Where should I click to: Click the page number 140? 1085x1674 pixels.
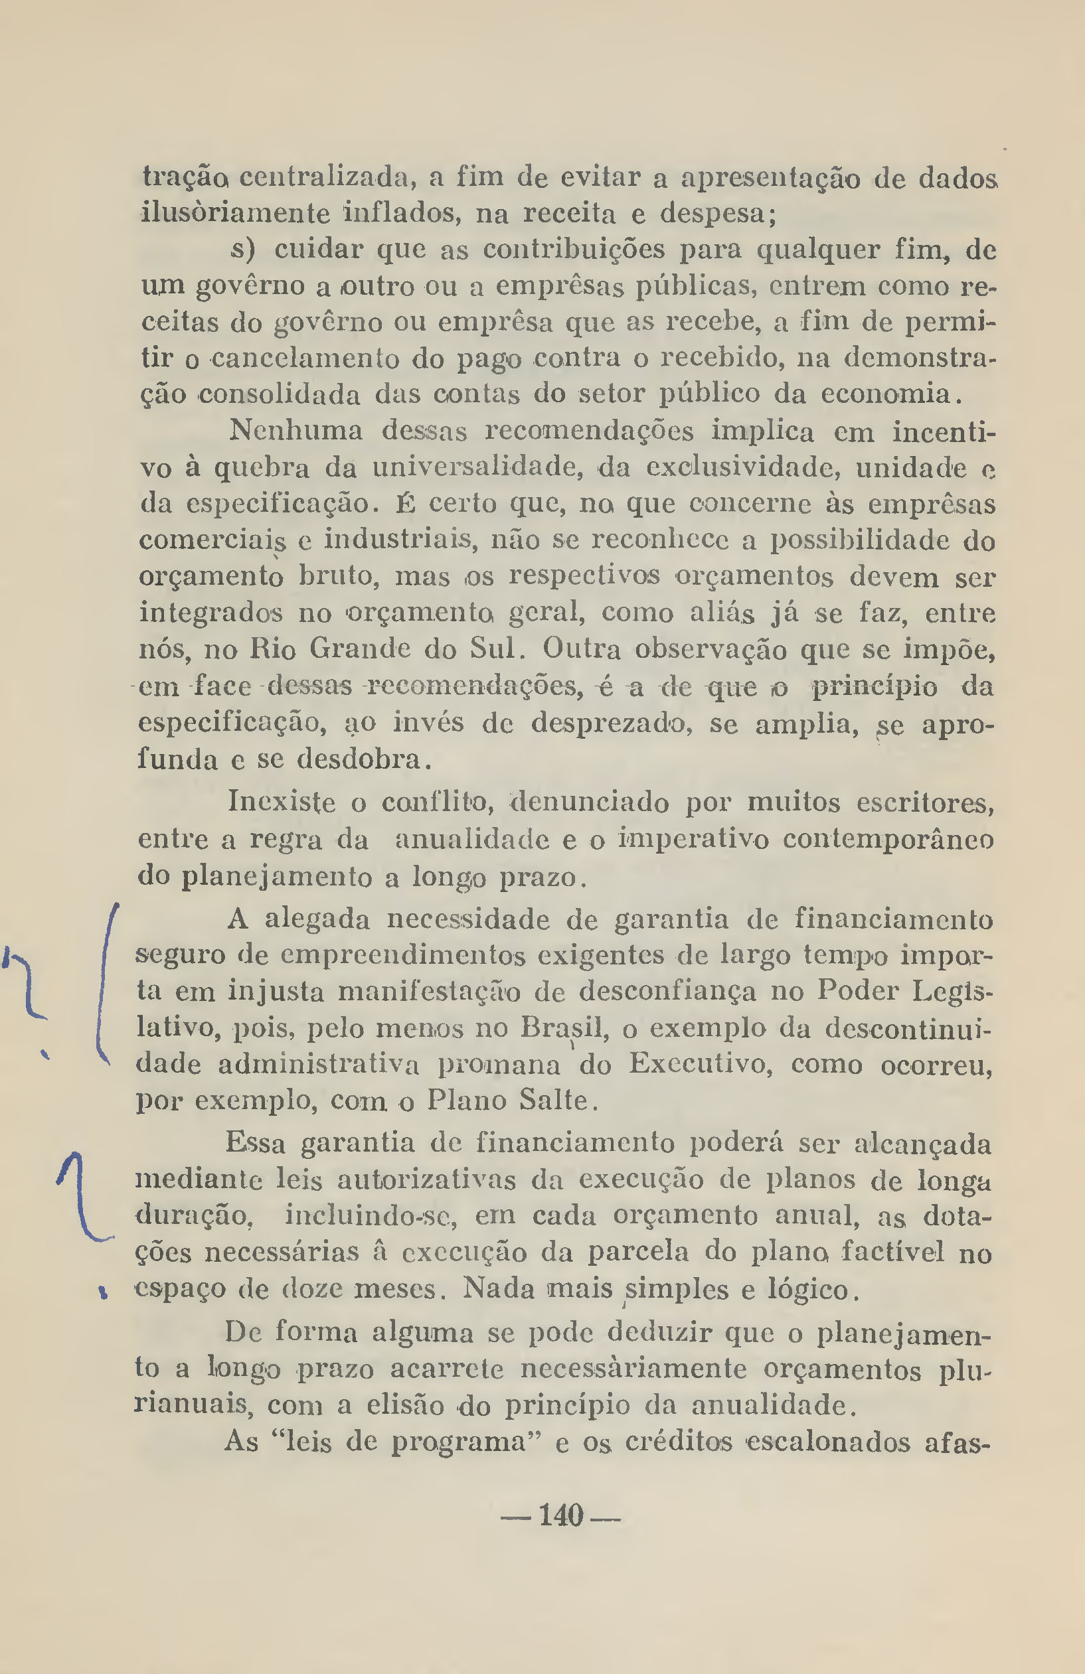pyautogui.click(x=561, y=1515)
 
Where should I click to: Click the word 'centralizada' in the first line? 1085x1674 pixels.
pyautogui.click(x=323, y=177)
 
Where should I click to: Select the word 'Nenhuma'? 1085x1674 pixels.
pyautogui.click(x=295, y=431)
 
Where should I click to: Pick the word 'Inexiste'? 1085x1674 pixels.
pyautogui.click(x=282, y=802)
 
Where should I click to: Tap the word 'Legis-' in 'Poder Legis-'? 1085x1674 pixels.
pyautogui.click(x=952, y=991)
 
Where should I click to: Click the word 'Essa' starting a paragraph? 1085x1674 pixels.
pyautogui.click(x=256, y=1143)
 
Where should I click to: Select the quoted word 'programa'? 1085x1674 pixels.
pyautogui.click(x=459, y=1442)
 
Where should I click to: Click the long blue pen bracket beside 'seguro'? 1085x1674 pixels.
pyautogui.click(x=104, y=985)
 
